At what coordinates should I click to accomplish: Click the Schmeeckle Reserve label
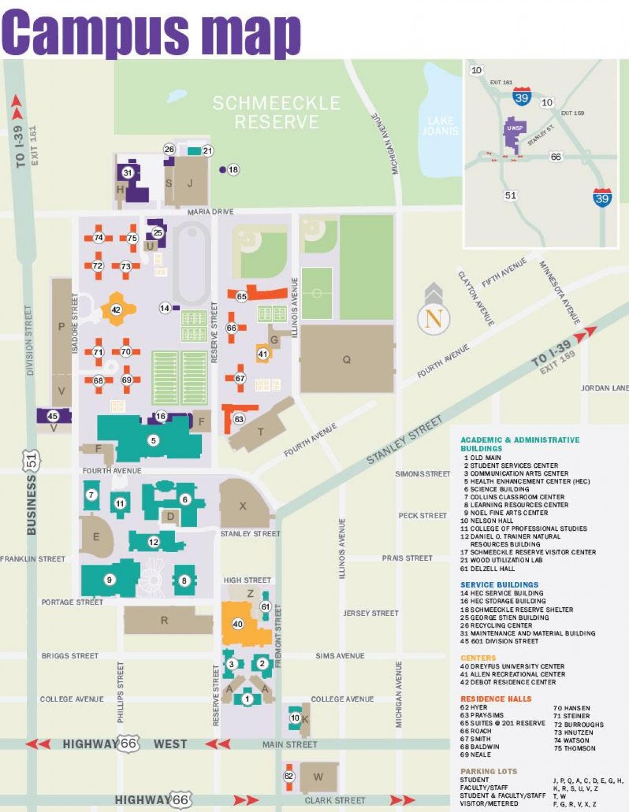click(276, 112)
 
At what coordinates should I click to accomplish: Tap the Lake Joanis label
click(440, 126)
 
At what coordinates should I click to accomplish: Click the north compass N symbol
click(433, 318)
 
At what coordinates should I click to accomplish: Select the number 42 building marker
click(116, 310)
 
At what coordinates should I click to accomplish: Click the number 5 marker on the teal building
click(154, 441)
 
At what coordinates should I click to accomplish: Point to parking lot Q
click(346, 359)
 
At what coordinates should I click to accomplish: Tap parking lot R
click(165, 620)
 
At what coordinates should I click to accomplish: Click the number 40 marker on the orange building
click(237, 623)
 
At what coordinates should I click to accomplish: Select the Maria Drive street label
click(211, 212)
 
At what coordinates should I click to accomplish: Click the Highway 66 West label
click(125, 744)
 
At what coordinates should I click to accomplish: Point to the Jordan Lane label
click(604, 388)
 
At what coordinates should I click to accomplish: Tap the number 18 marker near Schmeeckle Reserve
click(233, 169)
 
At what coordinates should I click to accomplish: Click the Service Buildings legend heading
click(499, 585)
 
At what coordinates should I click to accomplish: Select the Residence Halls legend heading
click(496, 699)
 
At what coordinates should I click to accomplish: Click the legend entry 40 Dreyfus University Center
click(512, 666)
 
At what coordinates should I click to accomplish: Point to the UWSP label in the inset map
click(515, 128)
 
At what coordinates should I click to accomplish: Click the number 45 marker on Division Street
click(52, 416)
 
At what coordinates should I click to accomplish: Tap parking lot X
click(243, 506)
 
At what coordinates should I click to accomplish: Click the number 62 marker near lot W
click(289, 776)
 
